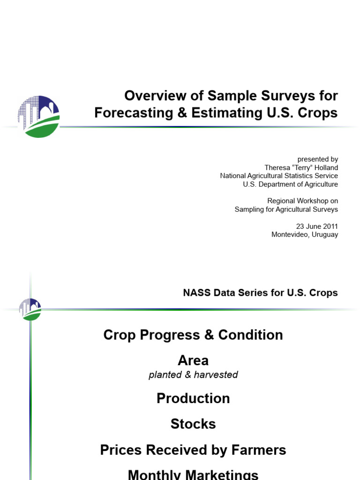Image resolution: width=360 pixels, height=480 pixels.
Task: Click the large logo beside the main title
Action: tap(38, 117)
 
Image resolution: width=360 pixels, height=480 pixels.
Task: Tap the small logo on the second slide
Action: tap(30, 309)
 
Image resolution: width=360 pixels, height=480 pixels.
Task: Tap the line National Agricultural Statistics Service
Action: tap(279, 176)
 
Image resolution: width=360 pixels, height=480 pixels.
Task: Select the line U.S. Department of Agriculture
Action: tap(290, 184)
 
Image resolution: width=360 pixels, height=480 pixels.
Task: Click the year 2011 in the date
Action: tap(329, 226)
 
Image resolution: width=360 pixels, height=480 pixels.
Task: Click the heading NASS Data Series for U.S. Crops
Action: tap(260, 293)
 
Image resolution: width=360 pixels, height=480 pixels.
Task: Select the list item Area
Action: tap(193, 360)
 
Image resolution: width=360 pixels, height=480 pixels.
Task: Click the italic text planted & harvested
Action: tap(193, 375)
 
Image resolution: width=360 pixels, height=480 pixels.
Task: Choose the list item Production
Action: tap(193, 398)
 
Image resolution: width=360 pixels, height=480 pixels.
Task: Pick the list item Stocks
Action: tap(193, 424)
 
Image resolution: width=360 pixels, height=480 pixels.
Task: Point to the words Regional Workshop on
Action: tap(302, 201)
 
